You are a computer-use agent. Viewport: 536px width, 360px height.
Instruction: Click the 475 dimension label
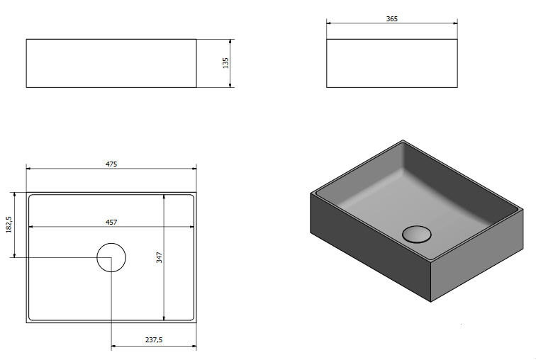tap(111, 164)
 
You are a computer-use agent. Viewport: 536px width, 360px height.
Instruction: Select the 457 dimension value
tap(111, 222)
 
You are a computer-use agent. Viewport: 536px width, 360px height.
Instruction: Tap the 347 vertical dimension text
tap(160, 257)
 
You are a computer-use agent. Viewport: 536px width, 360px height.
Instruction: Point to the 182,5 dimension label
tap(9, 225)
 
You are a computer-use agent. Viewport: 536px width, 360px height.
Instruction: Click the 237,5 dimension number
tap(154, 340)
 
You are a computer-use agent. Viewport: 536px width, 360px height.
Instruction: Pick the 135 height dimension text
tap(225, 63)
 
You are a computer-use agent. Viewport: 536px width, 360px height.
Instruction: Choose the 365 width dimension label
tap(392, 19)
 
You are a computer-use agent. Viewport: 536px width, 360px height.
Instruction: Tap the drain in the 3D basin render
tap(416, 235)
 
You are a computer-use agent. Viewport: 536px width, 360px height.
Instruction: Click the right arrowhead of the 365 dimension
tap(455, 23)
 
